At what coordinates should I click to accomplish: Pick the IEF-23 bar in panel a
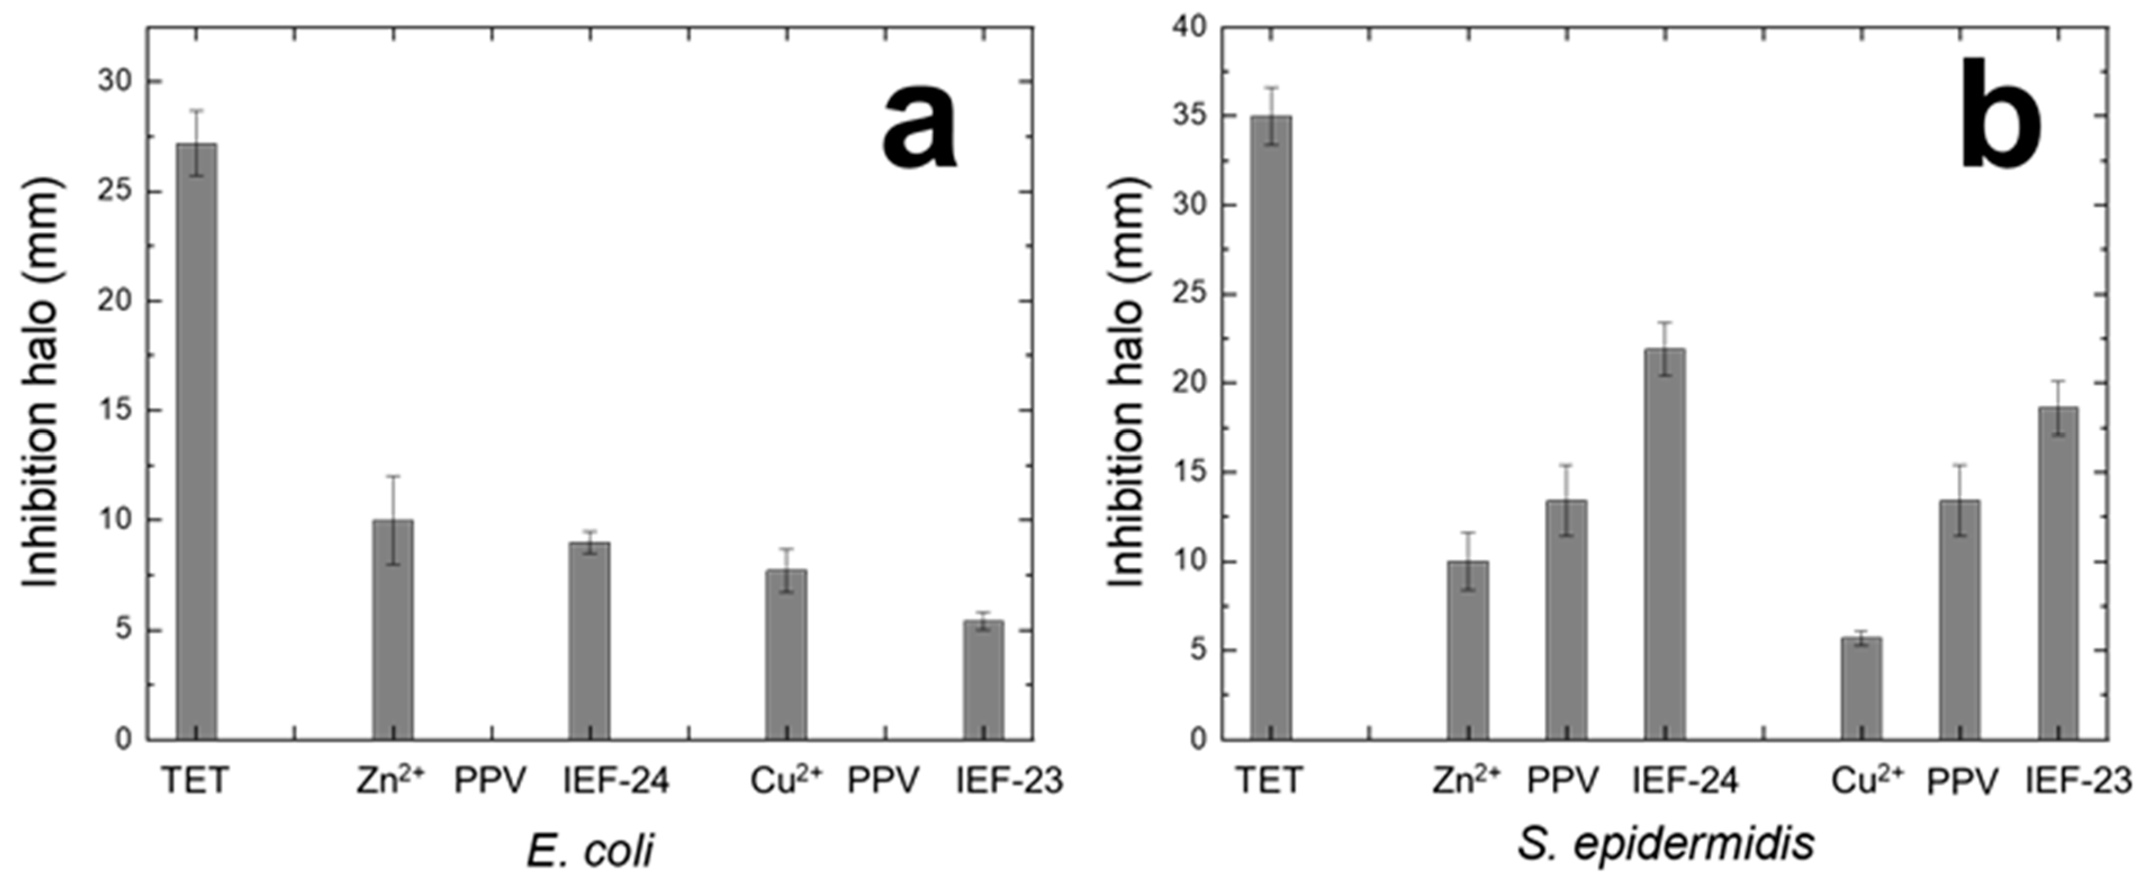[x=983, y=680]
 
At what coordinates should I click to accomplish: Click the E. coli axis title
[x=590, y=850]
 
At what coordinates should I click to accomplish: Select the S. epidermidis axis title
[x=1665, y=843]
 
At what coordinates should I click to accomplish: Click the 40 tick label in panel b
[x=1186, y=28]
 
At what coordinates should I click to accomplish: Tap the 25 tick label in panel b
[x=1186, y=295]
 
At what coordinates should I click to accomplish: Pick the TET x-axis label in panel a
[x=194, y=781]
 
